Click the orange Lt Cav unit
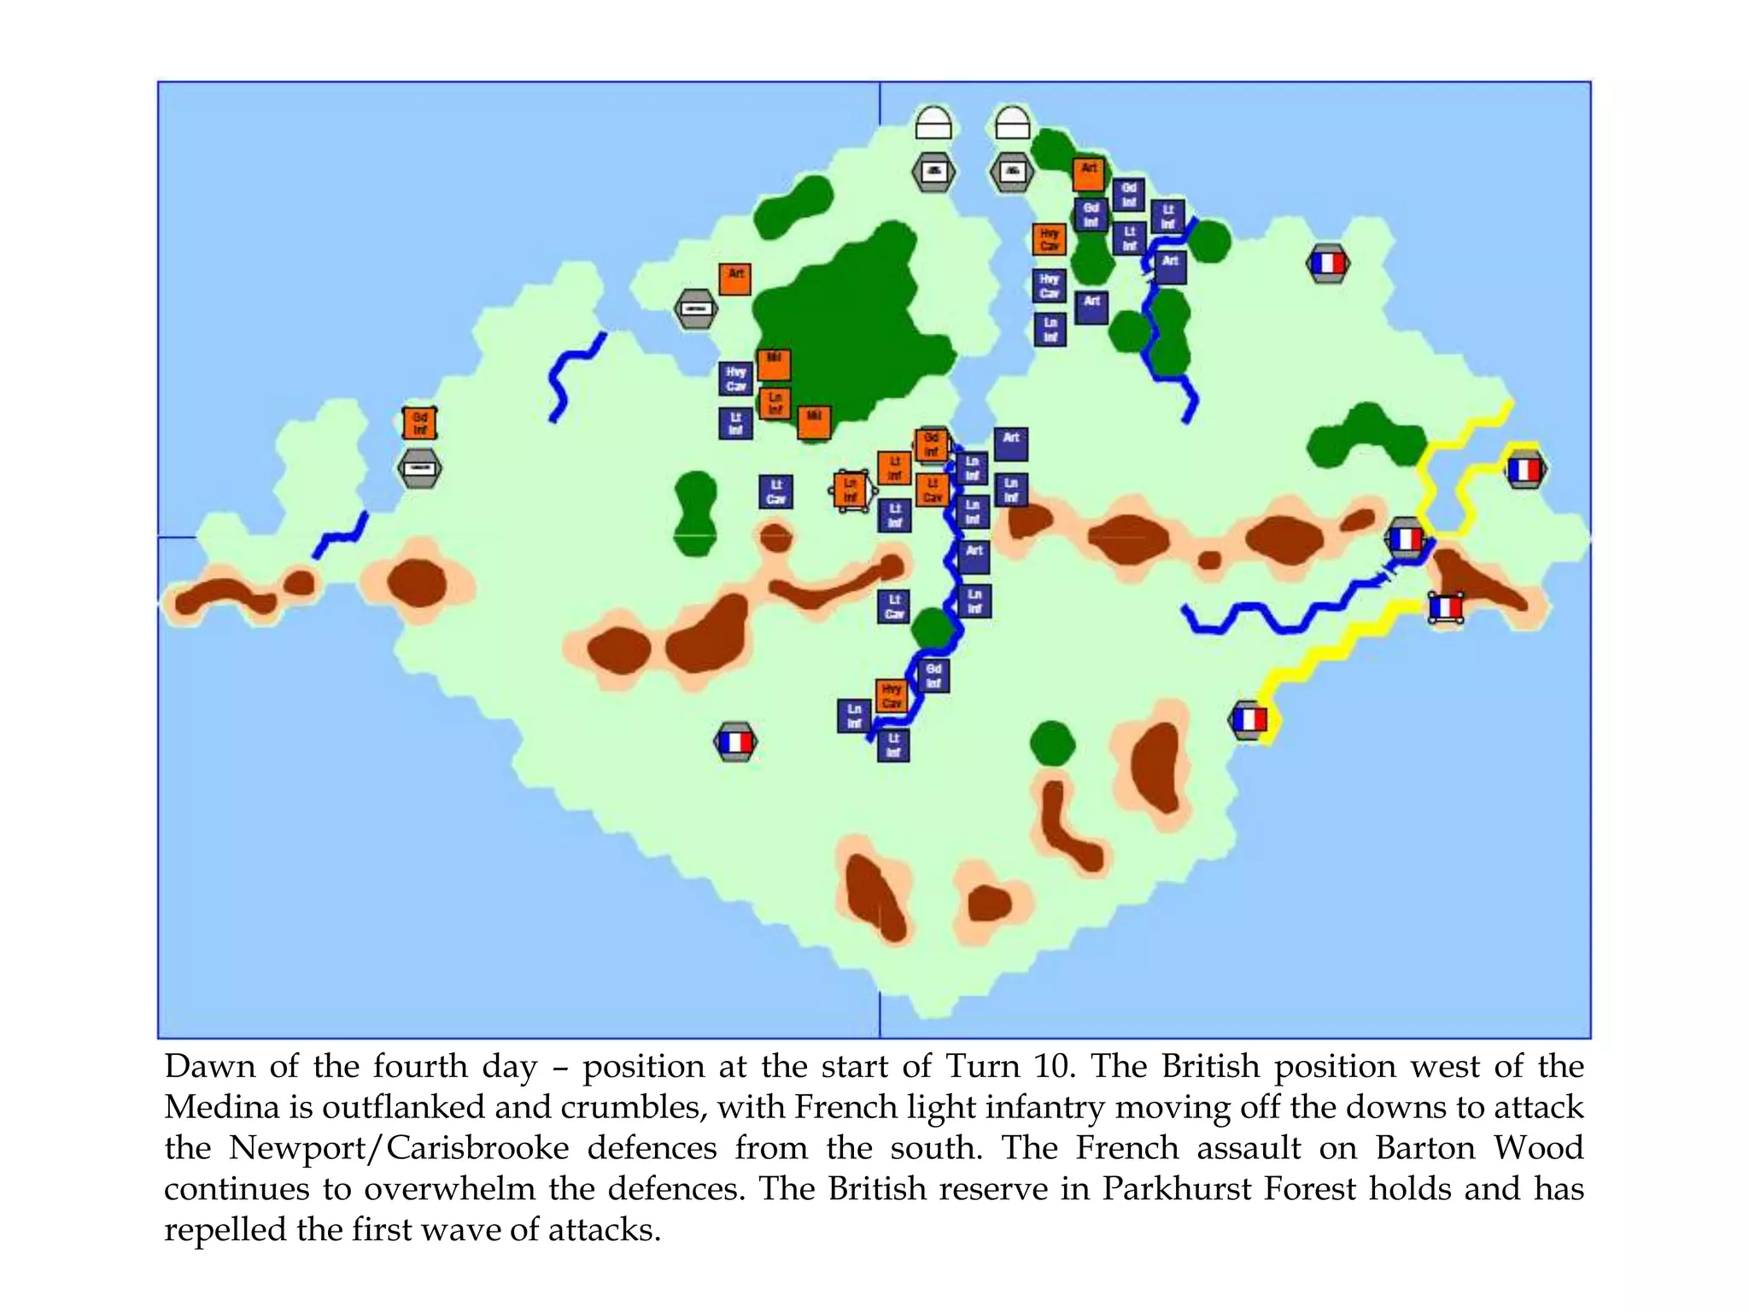(932, 489)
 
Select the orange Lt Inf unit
(894, 468)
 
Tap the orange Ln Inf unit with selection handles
(851, 490)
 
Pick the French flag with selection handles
(1445, 608)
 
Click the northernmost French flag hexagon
(1327, 264)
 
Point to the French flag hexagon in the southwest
(735, 742)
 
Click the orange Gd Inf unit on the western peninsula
(419, 423)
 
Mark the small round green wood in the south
(1052, 743)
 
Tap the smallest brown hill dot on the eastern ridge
(1209, 560)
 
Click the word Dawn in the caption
(209, 1067)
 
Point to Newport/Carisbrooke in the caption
(398, 1148)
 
